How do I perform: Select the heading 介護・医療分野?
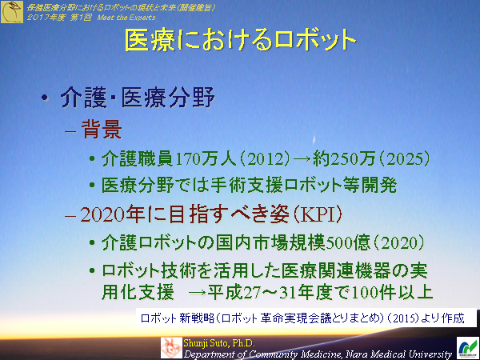point(138,100)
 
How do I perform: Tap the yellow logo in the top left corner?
point(11,10)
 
